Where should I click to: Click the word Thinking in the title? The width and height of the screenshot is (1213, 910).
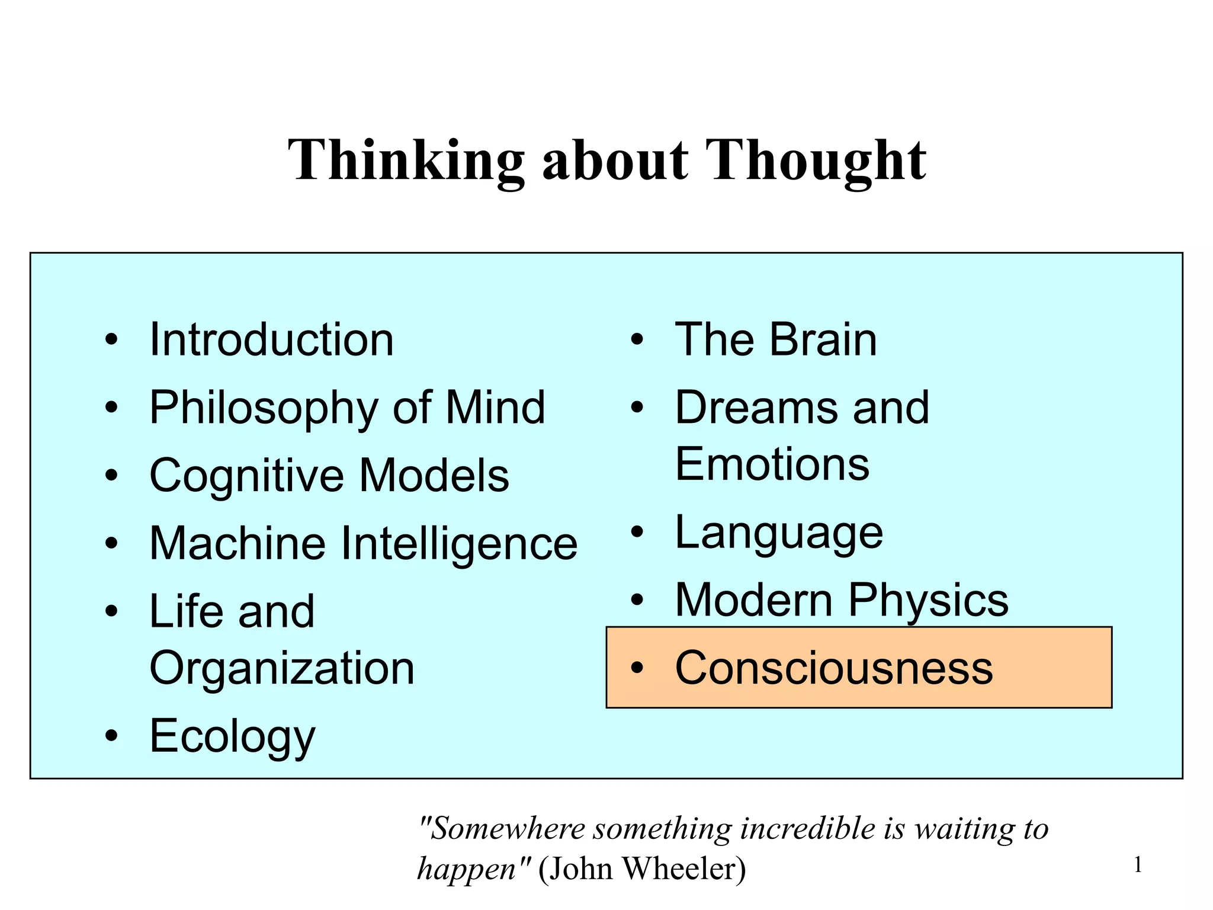[406, 160]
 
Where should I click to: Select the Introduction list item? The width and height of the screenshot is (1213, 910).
[271, 340]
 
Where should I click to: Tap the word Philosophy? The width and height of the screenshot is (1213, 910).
[264, 409]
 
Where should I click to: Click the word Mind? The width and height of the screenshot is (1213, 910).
[495, 408]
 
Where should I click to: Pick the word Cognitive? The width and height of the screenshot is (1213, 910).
[246, 476]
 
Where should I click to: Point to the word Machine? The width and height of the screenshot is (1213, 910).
[238, 543]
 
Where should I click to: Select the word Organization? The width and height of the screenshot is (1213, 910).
[282, 668]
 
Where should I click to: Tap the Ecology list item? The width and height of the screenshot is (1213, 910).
[232, 736]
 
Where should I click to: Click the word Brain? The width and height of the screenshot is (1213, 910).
[823, 340]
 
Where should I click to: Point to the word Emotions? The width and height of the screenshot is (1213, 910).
[772, 464]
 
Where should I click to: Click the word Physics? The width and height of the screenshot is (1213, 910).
[928, 601]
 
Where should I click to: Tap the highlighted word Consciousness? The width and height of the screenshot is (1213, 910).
[834, 668]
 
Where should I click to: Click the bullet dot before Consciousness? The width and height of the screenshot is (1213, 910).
[637, 668]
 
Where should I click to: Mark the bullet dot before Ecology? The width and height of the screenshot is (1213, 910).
[111, 736]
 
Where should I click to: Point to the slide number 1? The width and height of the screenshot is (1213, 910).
[1138, 866]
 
